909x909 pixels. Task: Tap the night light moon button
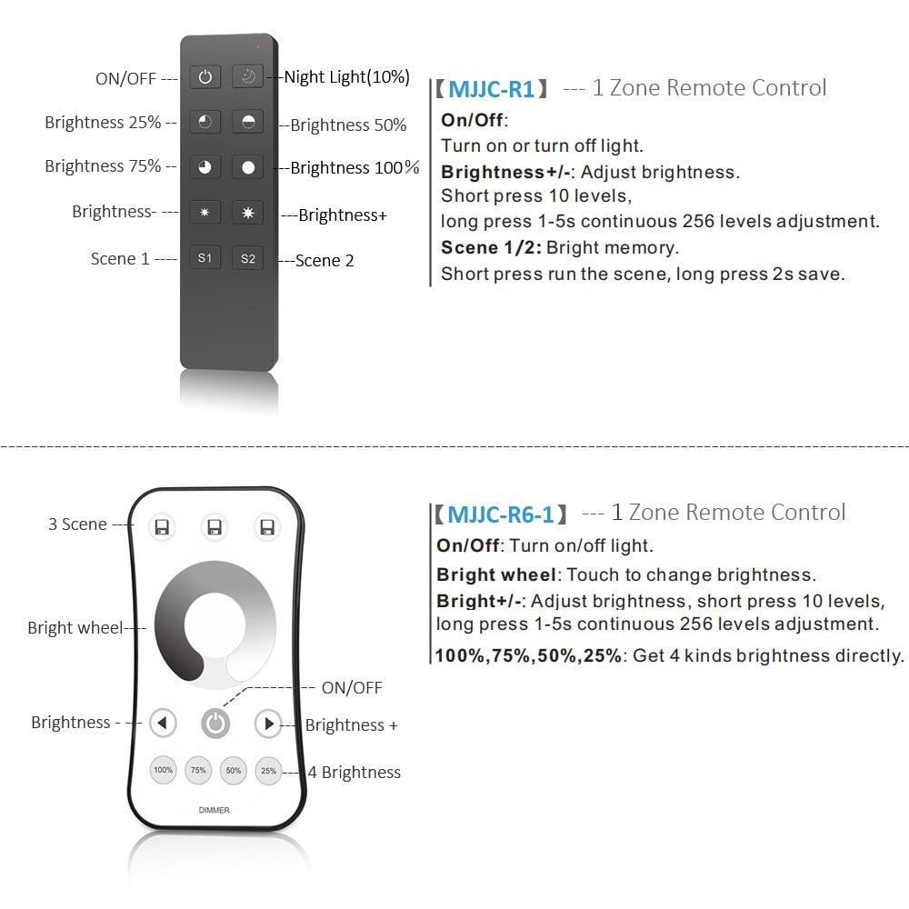247,77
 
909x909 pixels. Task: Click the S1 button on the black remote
205,258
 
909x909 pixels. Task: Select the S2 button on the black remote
247,258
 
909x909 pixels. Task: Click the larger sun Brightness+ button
247,213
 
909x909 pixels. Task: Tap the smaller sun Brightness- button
205,213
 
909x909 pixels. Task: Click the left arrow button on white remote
163,724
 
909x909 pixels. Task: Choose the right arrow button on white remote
267,724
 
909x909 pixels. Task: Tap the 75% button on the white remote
198,770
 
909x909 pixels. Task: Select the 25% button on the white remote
268,770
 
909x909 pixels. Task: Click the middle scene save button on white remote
215,527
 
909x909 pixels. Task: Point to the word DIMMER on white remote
215,810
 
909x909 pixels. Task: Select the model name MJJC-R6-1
500,514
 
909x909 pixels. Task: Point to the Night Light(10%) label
346,77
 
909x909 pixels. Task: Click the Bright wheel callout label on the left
75,628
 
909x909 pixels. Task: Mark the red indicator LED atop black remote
257,45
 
